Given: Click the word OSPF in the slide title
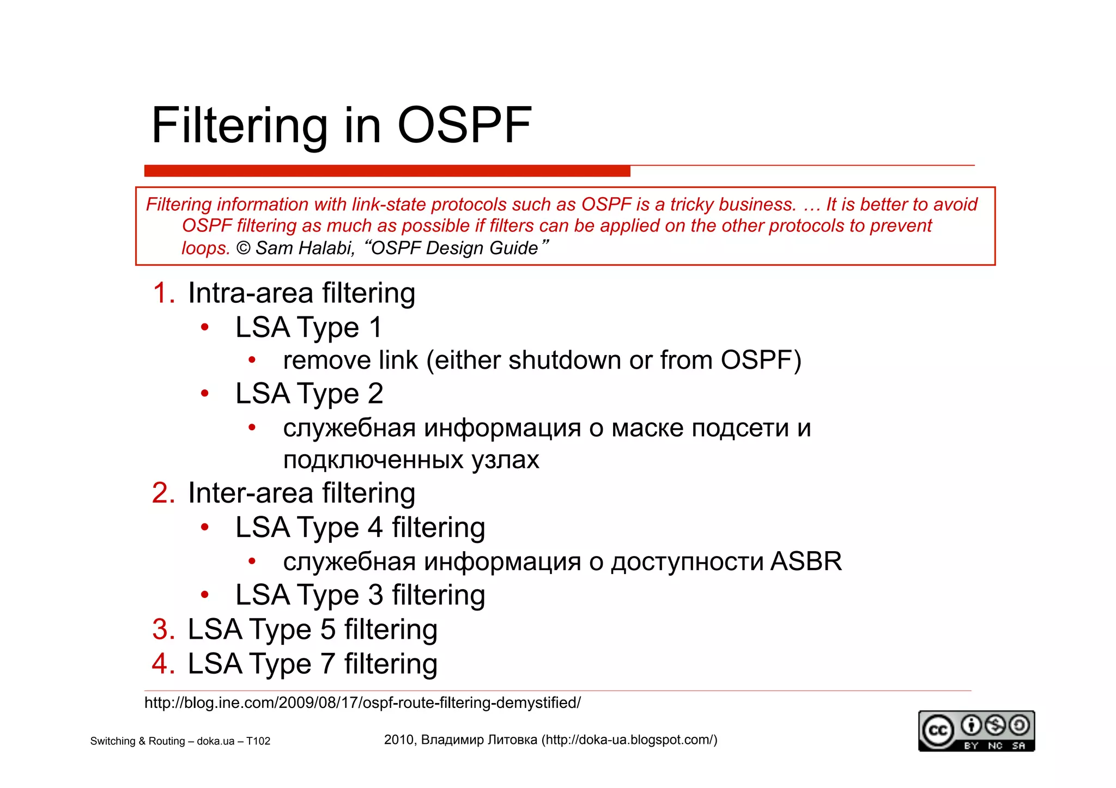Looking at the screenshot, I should point(464,125).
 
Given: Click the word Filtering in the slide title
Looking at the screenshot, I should point(239,126).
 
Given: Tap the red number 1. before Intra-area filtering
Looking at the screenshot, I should point(163,293).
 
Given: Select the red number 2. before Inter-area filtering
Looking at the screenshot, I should point(163,493).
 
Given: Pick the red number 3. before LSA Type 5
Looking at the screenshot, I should point(163,630).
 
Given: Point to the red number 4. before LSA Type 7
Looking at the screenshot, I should point(163,664).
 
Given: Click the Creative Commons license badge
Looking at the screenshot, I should point(976,731).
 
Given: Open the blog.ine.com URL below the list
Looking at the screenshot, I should point(362,703).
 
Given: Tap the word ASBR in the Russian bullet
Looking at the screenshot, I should point(806,561).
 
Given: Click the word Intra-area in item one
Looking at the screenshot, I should point(251,293).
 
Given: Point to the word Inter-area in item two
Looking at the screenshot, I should point(251,493).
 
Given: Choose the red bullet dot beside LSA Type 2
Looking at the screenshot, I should point(205,393).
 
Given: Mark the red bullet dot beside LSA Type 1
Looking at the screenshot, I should point(205,327).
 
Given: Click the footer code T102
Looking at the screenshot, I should point(258,741).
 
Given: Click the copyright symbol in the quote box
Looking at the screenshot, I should point(243,248).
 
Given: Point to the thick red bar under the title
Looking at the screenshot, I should point(387,171).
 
